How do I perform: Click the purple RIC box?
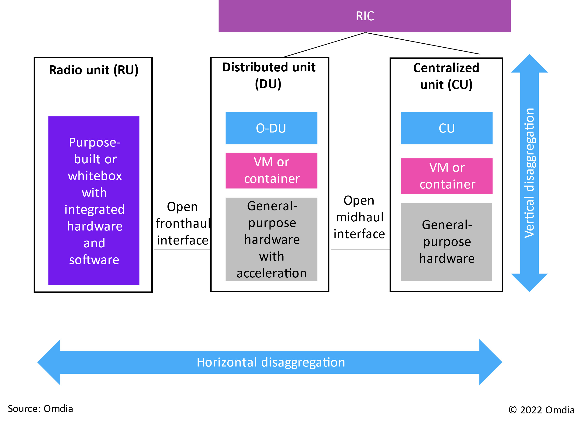364,16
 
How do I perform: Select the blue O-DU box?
271,128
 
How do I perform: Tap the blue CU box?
447,128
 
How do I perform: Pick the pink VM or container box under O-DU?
271,171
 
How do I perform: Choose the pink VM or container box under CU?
447,176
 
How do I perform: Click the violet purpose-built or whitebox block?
94,201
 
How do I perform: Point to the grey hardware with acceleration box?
271,239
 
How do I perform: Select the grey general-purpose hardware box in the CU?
446,242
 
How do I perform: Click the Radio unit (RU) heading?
94,70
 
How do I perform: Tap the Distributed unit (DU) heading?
269,76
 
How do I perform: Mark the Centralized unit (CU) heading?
446,76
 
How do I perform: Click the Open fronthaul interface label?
183,223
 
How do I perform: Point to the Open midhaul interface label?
359,217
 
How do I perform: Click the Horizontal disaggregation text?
271,362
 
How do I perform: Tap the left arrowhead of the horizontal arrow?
49,362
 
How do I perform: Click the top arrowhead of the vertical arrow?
529,63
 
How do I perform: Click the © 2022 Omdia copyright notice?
541,410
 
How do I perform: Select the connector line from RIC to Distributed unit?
324,45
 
